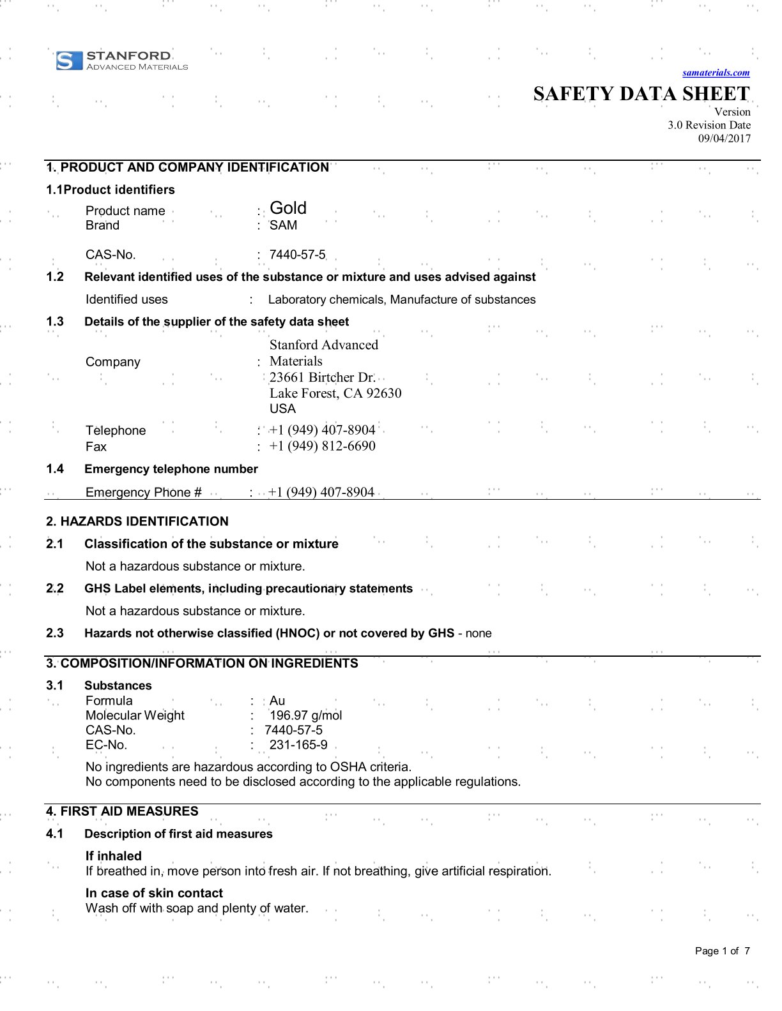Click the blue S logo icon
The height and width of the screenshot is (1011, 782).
[x=69, y=61]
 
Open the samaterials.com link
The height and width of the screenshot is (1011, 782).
[x=716, y=73]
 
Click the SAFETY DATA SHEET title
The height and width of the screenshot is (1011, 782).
[x=641, y=94]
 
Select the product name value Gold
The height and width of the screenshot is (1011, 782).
[x=288, y=208]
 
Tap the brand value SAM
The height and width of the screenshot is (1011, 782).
[x=283, y=225]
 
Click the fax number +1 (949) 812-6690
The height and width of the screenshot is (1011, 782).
[x=322, y=446]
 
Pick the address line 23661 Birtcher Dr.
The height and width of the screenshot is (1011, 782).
[x=322, y=377]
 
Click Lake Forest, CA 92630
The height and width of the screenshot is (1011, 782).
[x=335, y=393]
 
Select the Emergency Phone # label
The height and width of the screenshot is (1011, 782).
[x=144, y=492]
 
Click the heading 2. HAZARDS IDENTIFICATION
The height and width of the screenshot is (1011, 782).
[x=137, y=521]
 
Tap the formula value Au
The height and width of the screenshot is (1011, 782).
[x=277, y=701]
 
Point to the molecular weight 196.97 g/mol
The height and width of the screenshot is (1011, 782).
[x=305, y=715]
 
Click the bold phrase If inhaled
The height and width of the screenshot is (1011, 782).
[x=114, y=856]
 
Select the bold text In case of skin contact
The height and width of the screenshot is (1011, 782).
[x=154, y=893]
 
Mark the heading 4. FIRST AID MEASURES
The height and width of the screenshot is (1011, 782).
[x=122, y=811]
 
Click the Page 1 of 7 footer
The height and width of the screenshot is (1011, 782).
[x=722, y=951]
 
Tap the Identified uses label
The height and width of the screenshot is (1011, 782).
[x=126, y=299]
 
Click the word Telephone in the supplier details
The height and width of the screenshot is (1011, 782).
[x=116, y=430]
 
